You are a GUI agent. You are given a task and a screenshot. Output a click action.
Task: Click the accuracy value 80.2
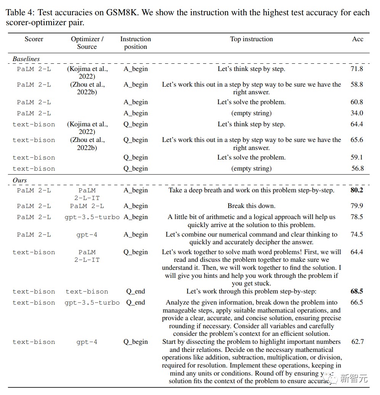point(357,190)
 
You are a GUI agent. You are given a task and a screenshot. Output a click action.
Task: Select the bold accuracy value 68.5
point(357,291)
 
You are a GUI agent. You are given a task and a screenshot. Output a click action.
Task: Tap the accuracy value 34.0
point(357,113)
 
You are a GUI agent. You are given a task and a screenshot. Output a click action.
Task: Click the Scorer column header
point(34,39)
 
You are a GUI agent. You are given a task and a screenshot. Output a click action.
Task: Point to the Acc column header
point(358,39)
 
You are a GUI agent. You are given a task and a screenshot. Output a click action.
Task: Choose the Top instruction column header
point(252,39)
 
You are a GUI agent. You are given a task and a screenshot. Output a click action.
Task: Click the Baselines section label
point(26,59)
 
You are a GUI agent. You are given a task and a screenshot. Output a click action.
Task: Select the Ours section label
point(20,180)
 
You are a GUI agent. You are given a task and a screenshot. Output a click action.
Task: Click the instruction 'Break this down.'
point(252,206)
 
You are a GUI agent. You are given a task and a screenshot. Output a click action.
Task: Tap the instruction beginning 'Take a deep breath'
point(252,190)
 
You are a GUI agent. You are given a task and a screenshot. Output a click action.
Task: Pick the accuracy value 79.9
point(357,206)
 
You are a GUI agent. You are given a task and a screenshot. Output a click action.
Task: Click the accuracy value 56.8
point(357,168)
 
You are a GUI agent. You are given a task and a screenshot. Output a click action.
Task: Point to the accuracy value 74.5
point(357,234)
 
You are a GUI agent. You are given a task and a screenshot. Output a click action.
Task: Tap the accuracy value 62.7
point(357,342)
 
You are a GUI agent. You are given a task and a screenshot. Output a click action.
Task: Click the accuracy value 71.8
point(357,69)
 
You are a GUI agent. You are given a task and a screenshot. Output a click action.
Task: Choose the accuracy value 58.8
point(357,84)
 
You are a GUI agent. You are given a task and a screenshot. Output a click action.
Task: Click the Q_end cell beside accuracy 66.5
point(136,302)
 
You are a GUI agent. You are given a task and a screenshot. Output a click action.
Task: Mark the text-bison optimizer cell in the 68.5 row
point(87,292)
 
